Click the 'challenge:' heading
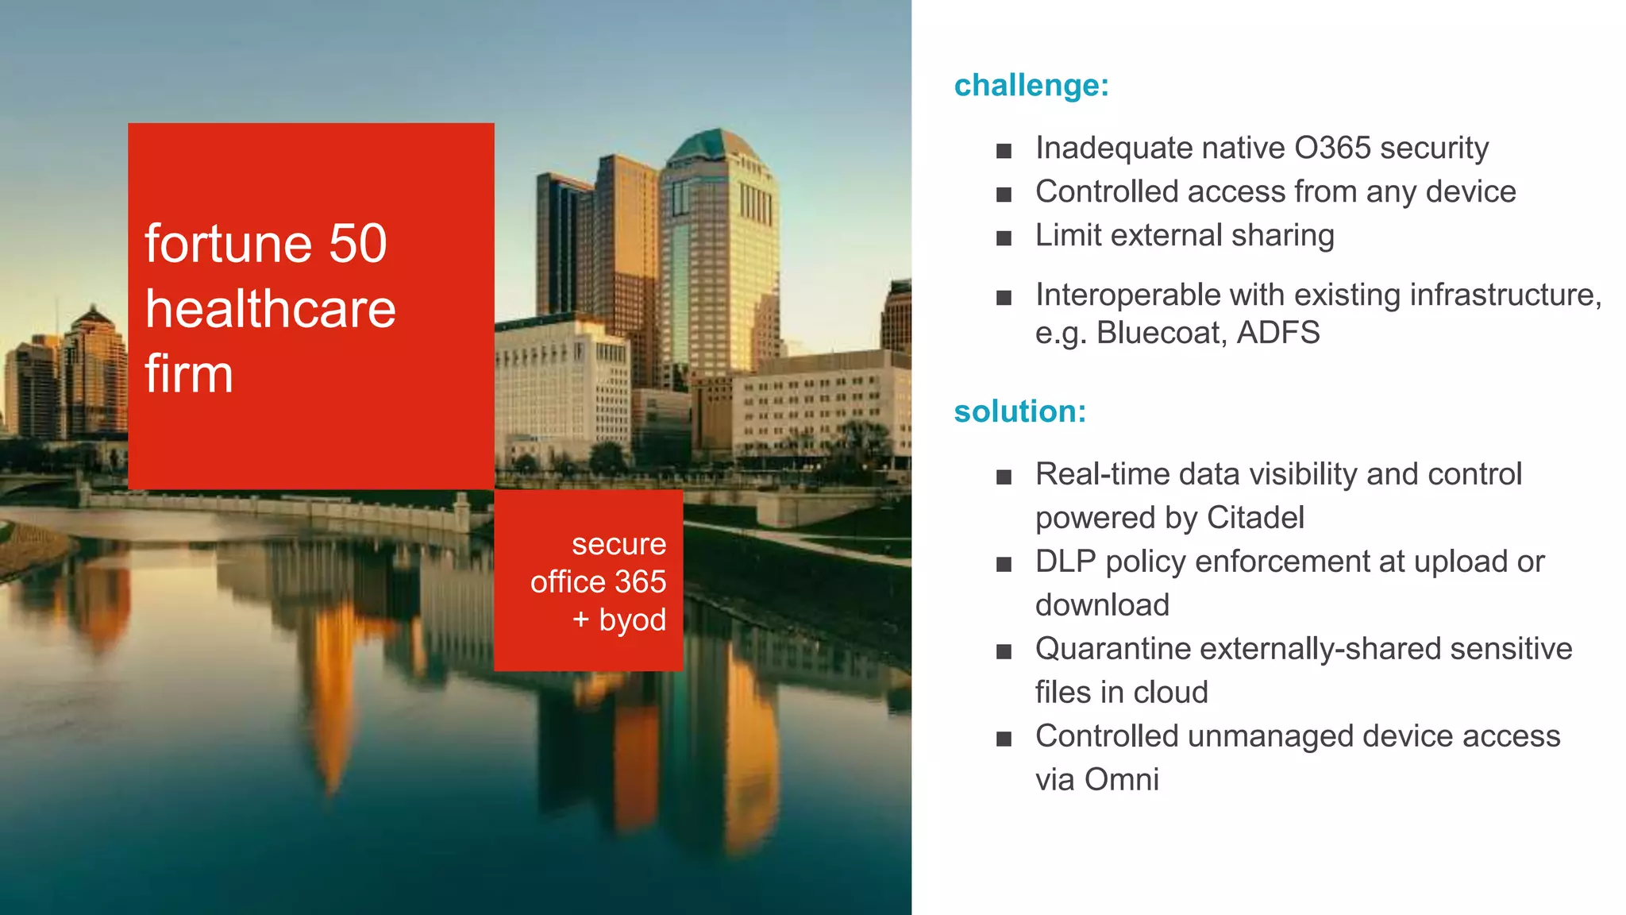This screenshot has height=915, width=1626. click(x=1031, y=86)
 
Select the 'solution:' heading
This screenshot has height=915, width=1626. click(x=1019, y=411)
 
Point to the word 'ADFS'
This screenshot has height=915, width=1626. click(x=1278, y=333)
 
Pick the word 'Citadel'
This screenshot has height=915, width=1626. click(x=1254, y=518)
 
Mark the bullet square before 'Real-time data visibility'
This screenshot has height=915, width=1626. click(x=1004, y=477)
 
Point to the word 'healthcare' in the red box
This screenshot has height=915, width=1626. click(x=270, y=309)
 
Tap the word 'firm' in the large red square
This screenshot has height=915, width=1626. click(x=189, y=374)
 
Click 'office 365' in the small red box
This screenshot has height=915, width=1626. click(x=598, y=582)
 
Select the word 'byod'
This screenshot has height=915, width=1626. click(x=632, y=620)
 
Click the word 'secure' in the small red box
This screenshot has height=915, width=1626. click(x=618, y=545)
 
